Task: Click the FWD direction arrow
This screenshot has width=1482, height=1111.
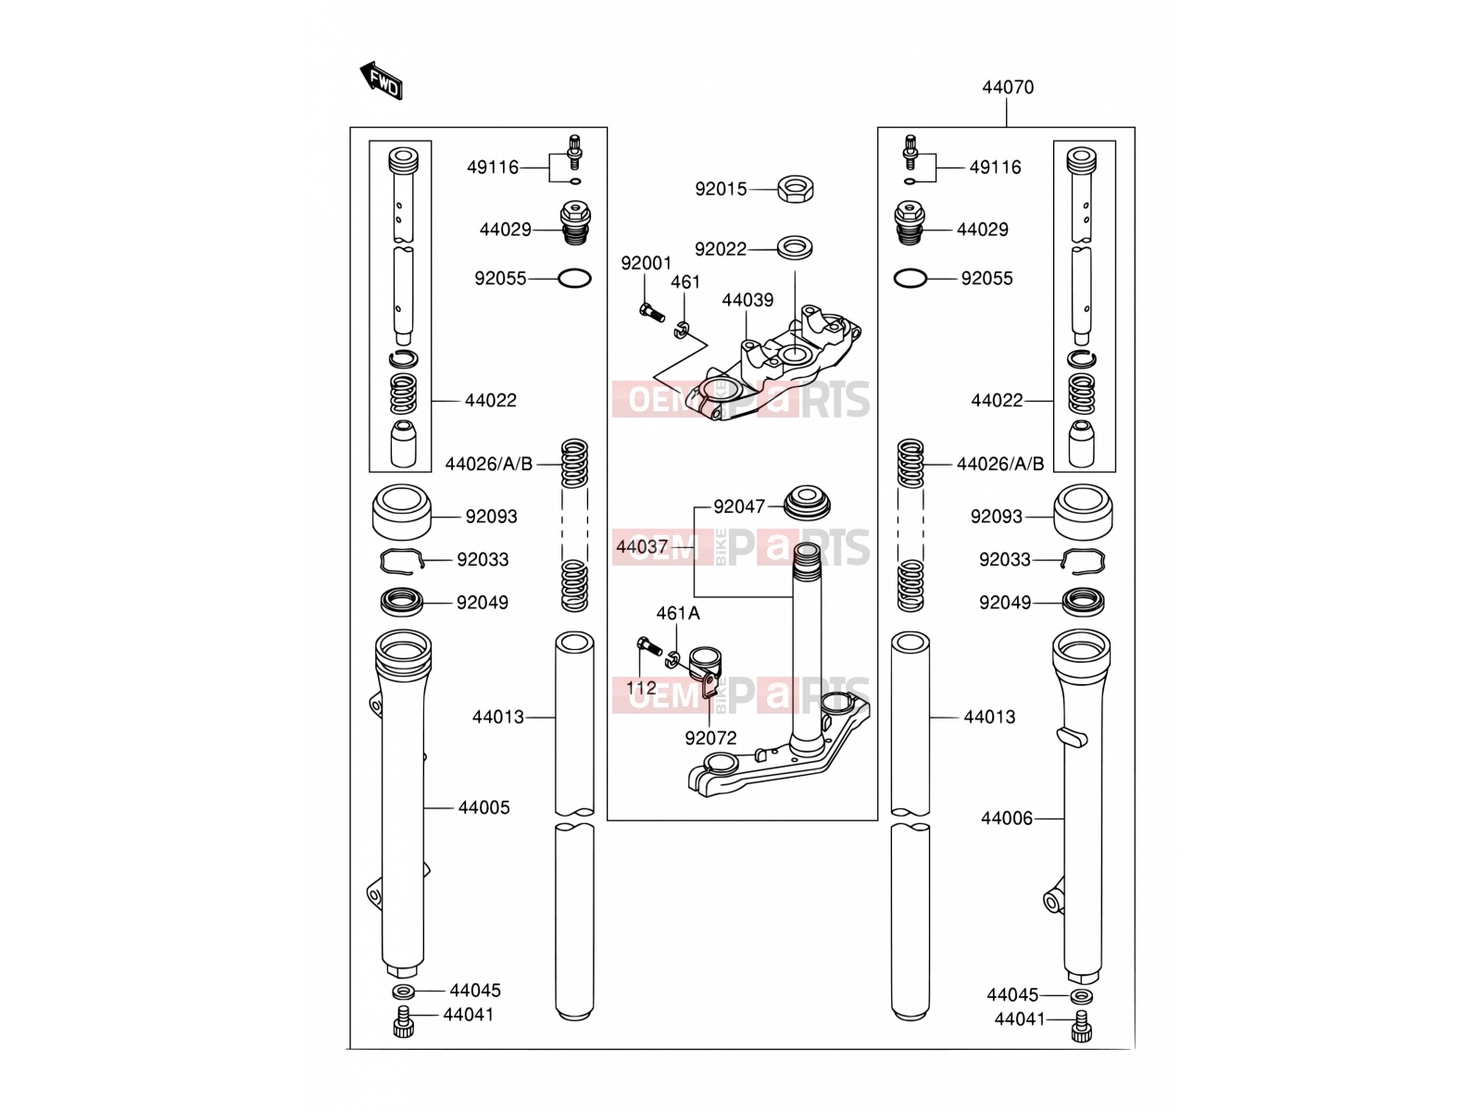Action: tap(381, 81)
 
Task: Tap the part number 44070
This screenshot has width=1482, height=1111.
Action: tap(1008, 87)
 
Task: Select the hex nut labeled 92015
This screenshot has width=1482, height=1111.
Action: tap(795, 189)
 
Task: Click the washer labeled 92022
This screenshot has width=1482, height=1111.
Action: tap(795, 247)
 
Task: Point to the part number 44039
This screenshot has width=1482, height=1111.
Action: tap(747, 300)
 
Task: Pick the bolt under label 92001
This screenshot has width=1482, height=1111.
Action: tap(651, 312)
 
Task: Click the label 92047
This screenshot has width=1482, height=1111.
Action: tap(739, 506)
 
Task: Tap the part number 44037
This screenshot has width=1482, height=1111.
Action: tap(642, 547)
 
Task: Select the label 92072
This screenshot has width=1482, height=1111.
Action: tap(710, 739)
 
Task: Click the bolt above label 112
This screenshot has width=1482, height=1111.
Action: tap(649, 646)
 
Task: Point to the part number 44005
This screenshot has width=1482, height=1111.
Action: tap(484, 807)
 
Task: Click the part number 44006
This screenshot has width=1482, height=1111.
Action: tap(1007, 818)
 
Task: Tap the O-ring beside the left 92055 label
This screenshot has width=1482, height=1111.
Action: tap(574, 279)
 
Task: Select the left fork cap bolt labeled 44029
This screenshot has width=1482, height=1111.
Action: tap(575, 225)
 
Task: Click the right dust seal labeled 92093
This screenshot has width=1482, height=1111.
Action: tap(1083, 513)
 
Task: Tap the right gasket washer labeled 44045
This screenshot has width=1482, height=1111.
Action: tap(1082, 995)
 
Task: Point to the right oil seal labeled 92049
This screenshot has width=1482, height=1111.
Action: tap(1083, 601)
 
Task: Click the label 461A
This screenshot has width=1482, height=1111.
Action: tap(678, 614)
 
